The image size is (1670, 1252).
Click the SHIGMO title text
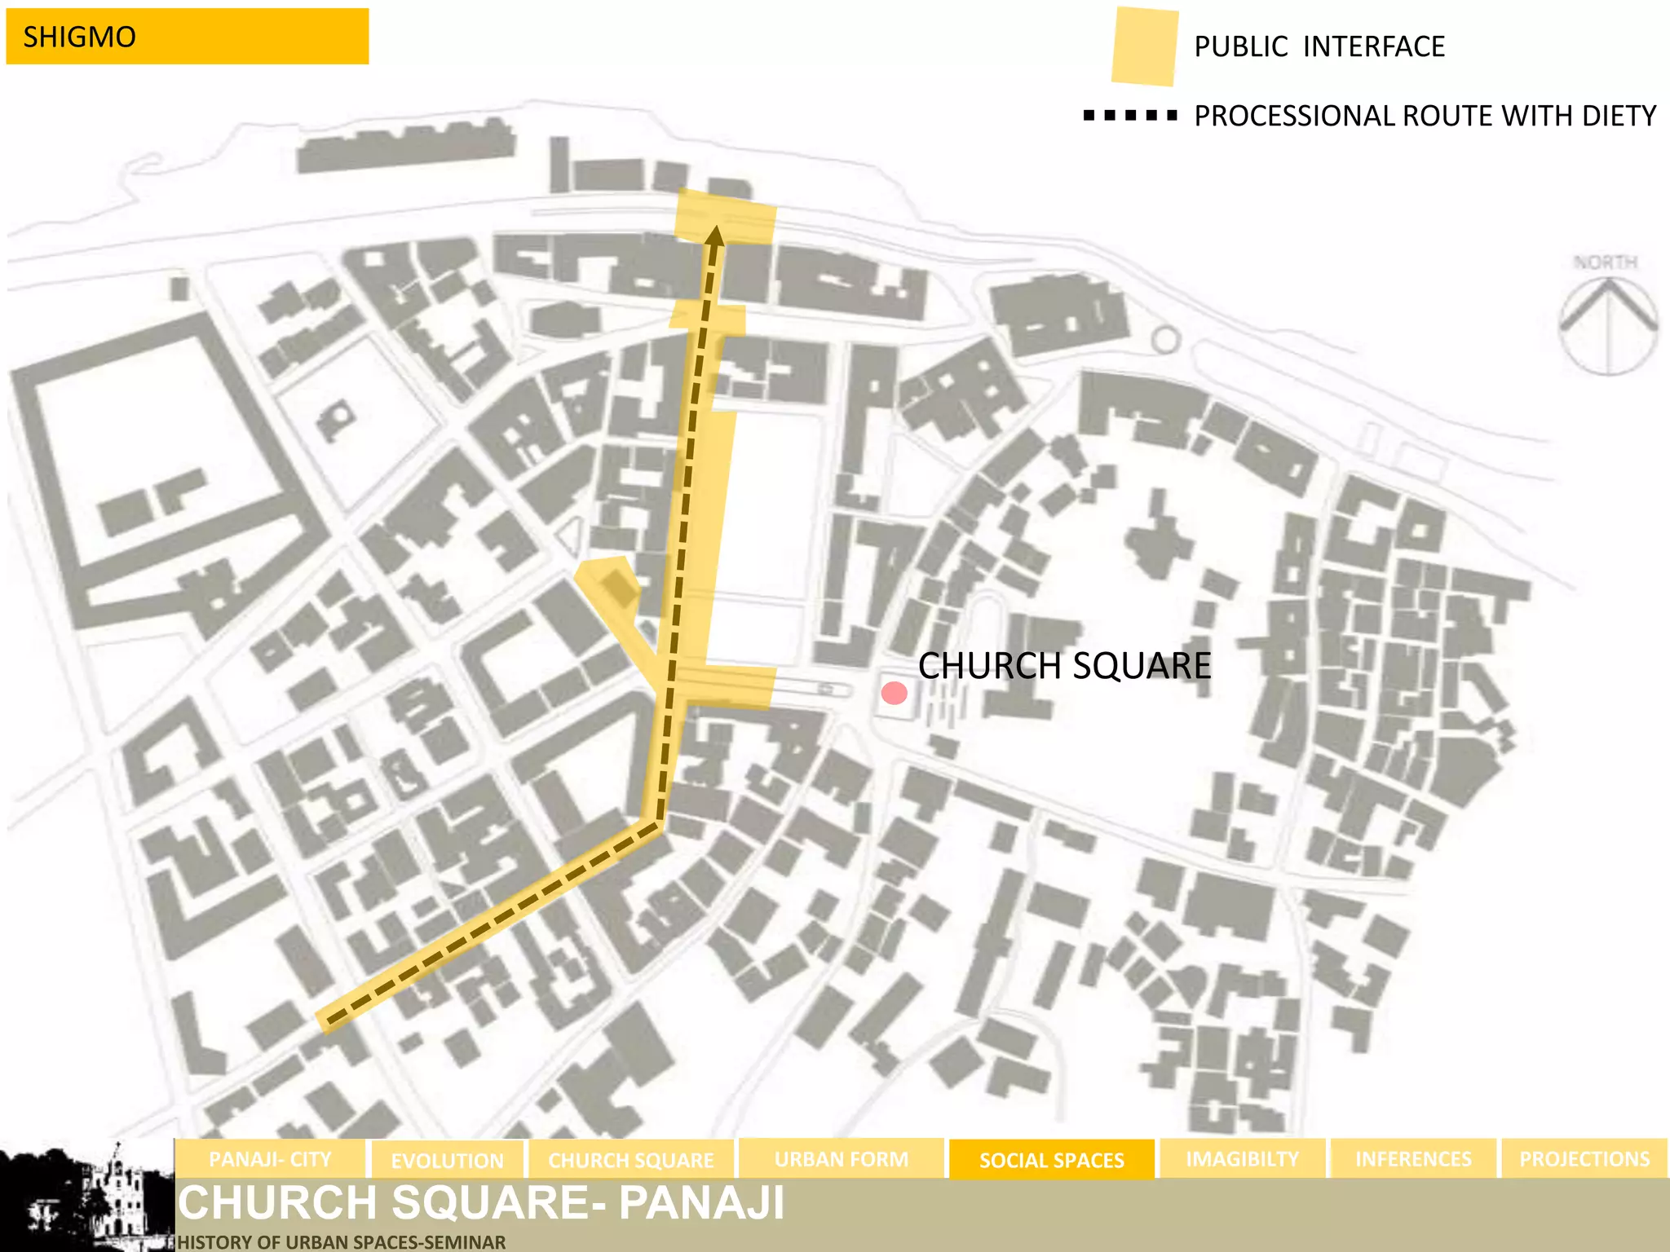79,37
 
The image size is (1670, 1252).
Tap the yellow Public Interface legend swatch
1144,46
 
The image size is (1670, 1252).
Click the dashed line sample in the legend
1129,116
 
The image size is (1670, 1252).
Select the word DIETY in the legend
1619,116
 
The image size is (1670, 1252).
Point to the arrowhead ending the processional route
714,236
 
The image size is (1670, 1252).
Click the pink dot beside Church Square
895,694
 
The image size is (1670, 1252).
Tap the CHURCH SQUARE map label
1063,666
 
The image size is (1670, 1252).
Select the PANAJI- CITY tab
270,1159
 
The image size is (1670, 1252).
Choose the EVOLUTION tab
447,1160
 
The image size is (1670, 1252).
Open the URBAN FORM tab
841,1159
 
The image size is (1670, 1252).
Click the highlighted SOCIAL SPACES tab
1051,1160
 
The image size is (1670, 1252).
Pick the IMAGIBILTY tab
1242,1159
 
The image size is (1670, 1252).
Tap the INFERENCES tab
1413,1159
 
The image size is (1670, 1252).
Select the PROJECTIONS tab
1584,1159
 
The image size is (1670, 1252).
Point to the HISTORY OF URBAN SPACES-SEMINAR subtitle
341,1242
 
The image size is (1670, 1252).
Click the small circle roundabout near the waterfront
1166,339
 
